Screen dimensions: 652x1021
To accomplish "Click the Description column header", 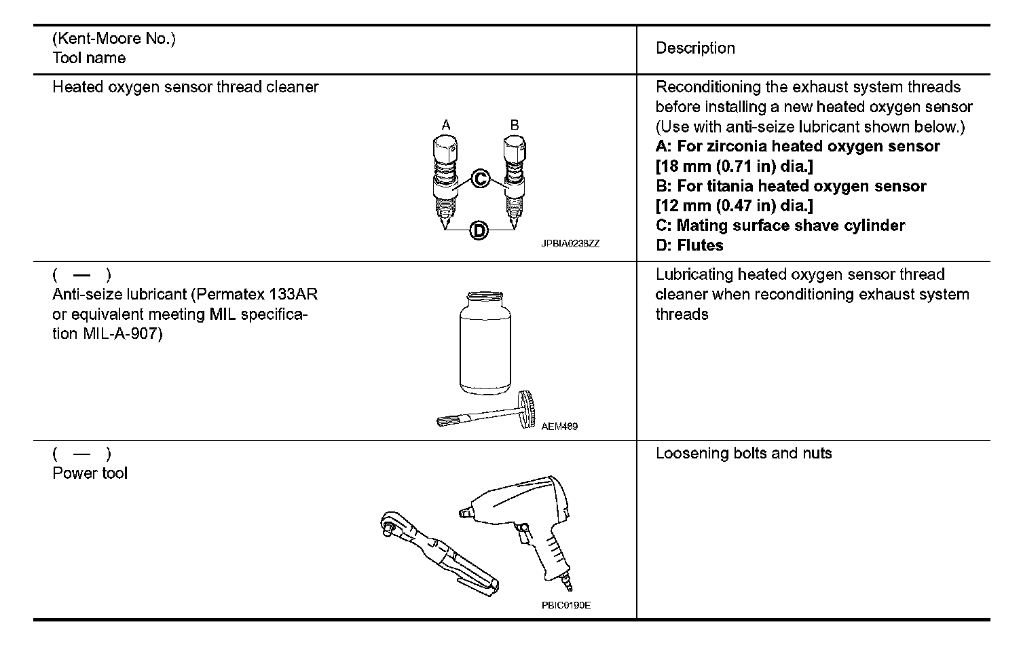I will tap(695, 48).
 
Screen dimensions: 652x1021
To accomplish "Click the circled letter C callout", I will tap(480, 179).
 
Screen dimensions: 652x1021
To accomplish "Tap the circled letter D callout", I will tap(479, 231).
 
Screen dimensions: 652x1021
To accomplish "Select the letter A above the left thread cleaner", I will tap(446, 125).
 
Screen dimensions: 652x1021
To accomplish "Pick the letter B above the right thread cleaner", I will tap(515, 125).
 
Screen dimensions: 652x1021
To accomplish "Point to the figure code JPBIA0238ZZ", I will tap(570, 243).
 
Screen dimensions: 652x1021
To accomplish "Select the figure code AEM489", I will tap(559, 427).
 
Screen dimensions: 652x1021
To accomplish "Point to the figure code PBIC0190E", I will tap(565, 605).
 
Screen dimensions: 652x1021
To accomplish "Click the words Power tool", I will tap(90, 473).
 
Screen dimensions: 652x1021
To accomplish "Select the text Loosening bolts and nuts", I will tap(743, 454).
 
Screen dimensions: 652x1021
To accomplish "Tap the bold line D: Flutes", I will tap(689, 245).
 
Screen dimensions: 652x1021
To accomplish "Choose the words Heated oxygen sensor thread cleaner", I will tap(185, 87).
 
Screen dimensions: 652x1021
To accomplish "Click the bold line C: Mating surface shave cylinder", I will tap(780, 225).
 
